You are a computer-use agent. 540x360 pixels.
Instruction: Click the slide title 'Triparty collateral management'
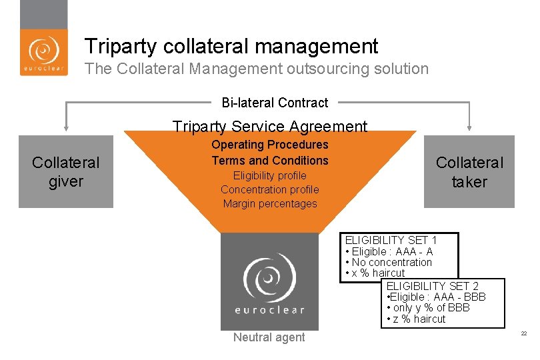click(231, 46)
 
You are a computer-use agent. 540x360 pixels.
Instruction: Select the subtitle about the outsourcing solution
click(257, 69)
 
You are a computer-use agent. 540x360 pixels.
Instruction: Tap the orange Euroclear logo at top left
click(43, 52)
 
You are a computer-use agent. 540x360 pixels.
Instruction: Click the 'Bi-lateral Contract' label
click(275, 103)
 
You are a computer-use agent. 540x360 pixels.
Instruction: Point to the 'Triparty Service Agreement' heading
click(269, 126)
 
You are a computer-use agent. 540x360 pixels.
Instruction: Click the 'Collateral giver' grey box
click(66, 172)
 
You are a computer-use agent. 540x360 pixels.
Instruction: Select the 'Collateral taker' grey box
click(469, 172)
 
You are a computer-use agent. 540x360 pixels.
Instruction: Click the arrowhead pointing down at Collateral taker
click(469, 126)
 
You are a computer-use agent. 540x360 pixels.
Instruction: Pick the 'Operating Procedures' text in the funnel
click(269, 145)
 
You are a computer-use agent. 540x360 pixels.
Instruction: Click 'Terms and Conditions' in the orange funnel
click(269, 160)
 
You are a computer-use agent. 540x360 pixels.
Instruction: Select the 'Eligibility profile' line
click(269, 175)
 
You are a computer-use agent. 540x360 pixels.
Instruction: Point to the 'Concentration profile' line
click(269, 189)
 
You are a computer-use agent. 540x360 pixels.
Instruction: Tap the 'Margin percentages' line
click(269, 203)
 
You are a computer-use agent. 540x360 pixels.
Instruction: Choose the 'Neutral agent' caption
click(269, 337)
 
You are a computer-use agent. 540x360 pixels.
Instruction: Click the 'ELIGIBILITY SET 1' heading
click(391, 240)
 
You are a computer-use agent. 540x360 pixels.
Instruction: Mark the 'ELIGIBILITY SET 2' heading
click(432, 286)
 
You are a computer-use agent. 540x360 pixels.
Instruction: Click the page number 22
click(523, 333)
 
